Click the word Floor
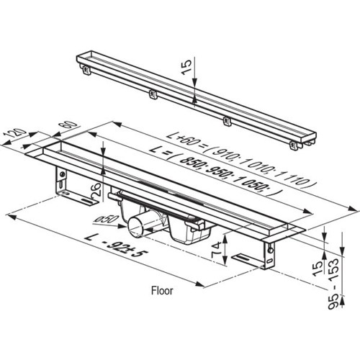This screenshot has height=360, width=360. point(162,291)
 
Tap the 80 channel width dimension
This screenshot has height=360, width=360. point(71,126)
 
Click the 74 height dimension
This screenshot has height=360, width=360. point(217,250)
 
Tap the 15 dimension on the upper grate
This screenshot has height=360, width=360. point(186,68)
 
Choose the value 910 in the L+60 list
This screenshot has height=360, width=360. point(224,153)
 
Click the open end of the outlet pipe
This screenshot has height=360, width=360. point(135,226)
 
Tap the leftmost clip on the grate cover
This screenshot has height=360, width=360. point(86,70)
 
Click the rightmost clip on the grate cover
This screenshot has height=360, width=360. point(293,145)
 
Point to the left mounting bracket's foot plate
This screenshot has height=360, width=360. point(77,197)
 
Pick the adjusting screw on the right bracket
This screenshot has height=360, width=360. point(271,250)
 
